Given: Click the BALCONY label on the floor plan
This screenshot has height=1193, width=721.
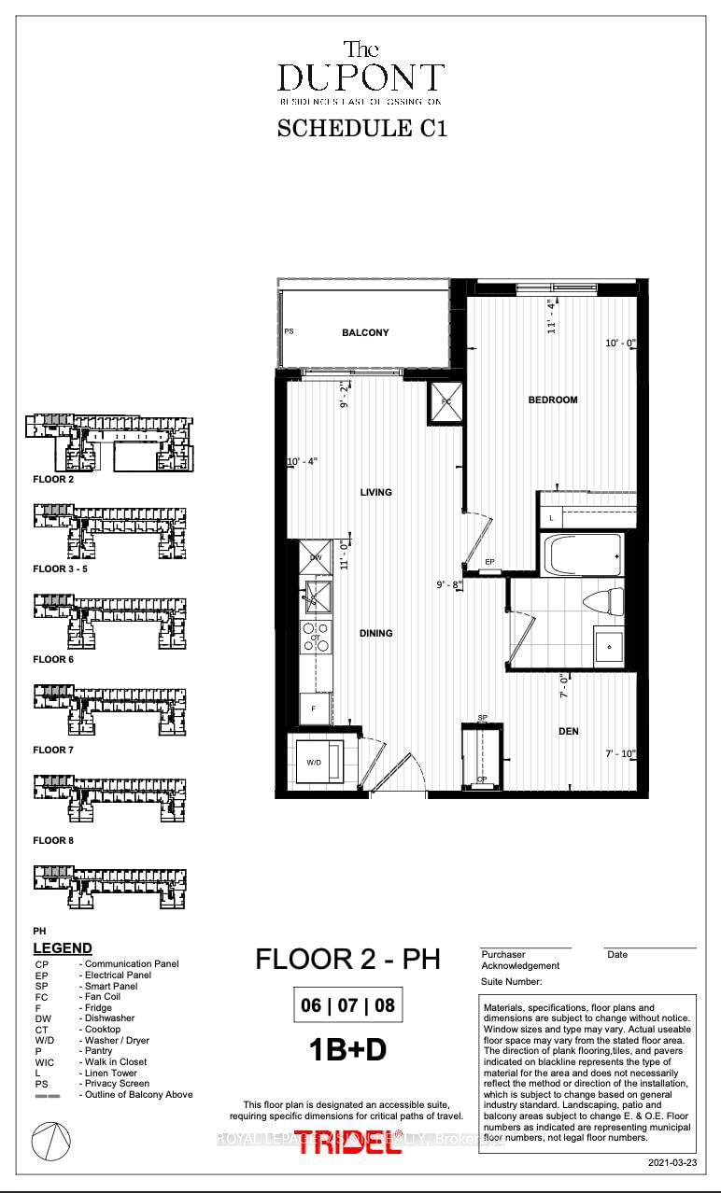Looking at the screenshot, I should pyautogui.click(x=365, y=332).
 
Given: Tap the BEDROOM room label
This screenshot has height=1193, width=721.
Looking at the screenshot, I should pyautogui.click(x=553, y=400).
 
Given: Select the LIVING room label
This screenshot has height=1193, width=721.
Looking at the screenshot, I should pyautogui.click(x=376, y=492).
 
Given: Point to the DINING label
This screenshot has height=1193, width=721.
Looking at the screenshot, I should pyautogui.click(x=375, y=633).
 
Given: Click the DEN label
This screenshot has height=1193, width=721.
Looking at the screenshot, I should pyautogui.click(x=569, y=731).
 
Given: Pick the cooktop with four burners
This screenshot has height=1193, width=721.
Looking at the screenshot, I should pyautogui.click(x=316, y=638).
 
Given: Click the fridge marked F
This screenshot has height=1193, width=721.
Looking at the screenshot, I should pyautogui.click(x=315, y=709).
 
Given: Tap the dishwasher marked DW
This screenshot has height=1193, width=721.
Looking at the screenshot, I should pyautogui.click(x=316, y=557).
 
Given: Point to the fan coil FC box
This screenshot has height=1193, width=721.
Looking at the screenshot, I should pyautogui.click(x=445, y=402).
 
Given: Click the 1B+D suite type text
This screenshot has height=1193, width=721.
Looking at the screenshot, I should pyautogui.click(x=347, y=1050).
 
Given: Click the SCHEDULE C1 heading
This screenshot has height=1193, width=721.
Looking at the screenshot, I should pyautogui.click(x=361, y=128).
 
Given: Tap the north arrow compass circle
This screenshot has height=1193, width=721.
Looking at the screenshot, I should pyautogui.click(x=50, y=1141).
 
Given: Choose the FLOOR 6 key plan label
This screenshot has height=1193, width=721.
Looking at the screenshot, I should pyautogui.click(x=52, y=659).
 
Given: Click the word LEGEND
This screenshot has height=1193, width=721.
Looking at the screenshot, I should pyautogui.click(x=63, y=948).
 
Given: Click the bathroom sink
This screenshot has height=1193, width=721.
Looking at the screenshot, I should pyautogui.click(x=610, y=645).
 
